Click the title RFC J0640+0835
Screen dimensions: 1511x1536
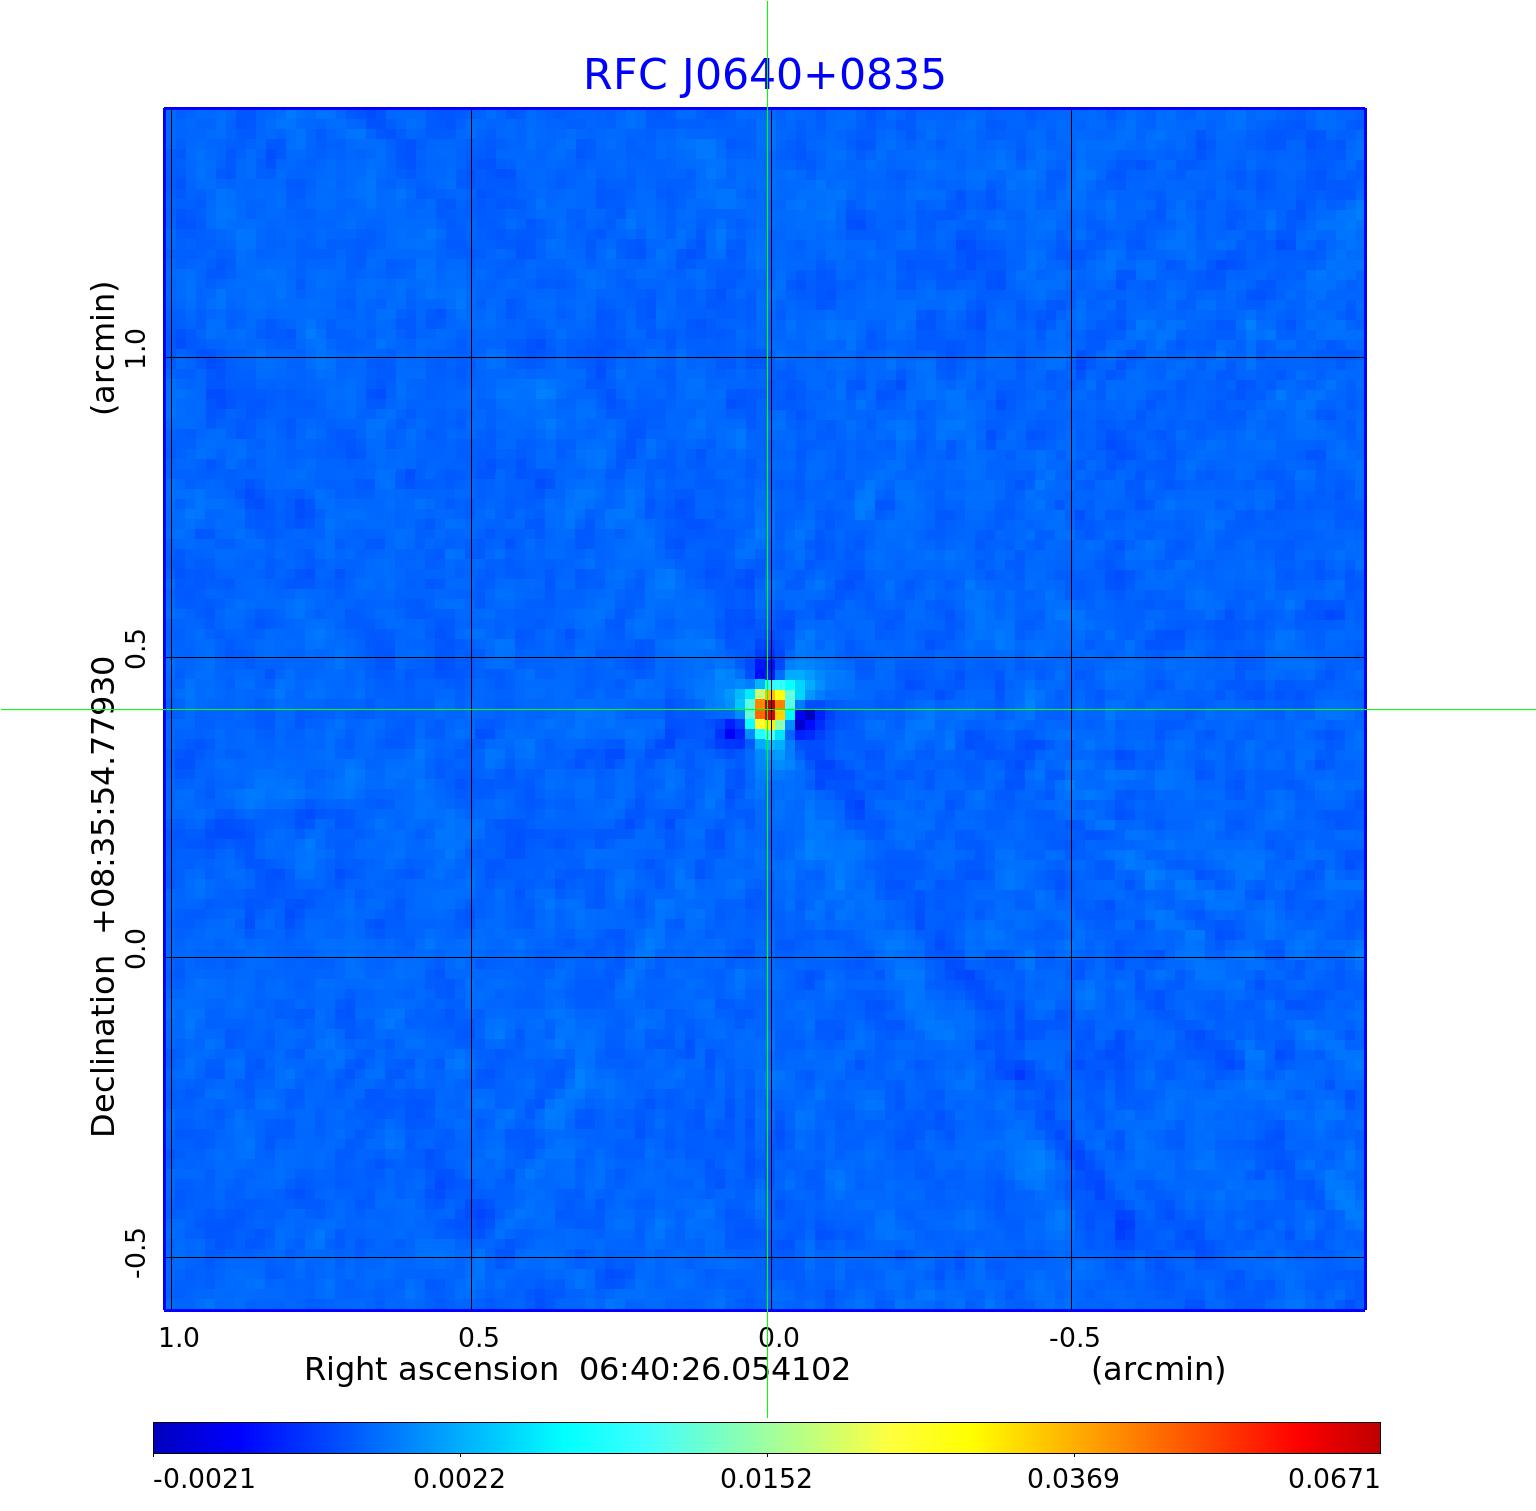pos(764,75)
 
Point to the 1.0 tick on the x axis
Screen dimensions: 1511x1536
pos(179,1337)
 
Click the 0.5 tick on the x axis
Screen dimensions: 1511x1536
pos(479,1337)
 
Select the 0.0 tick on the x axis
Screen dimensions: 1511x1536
pos(778,1337)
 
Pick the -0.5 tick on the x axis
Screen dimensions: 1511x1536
pos(1074,1337)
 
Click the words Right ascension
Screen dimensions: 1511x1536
pos(431,1369)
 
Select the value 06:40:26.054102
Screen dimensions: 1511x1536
pos(715,1369)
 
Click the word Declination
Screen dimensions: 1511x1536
pos(104,1046)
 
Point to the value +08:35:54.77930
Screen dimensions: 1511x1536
pos(104,795)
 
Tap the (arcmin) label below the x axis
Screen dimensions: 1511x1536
pos(1158,1369)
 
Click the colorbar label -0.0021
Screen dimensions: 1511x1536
pos(204,1478)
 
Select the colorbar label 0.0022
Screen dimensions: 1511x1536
pos(460,1478)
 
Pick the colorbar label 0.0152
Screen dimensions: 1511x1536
pos(767,1478)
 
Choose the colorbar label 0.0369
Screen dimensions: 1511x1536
pos(1074,1478)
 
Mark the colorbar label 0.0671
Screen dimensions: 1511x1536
pos(1333,1478)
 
